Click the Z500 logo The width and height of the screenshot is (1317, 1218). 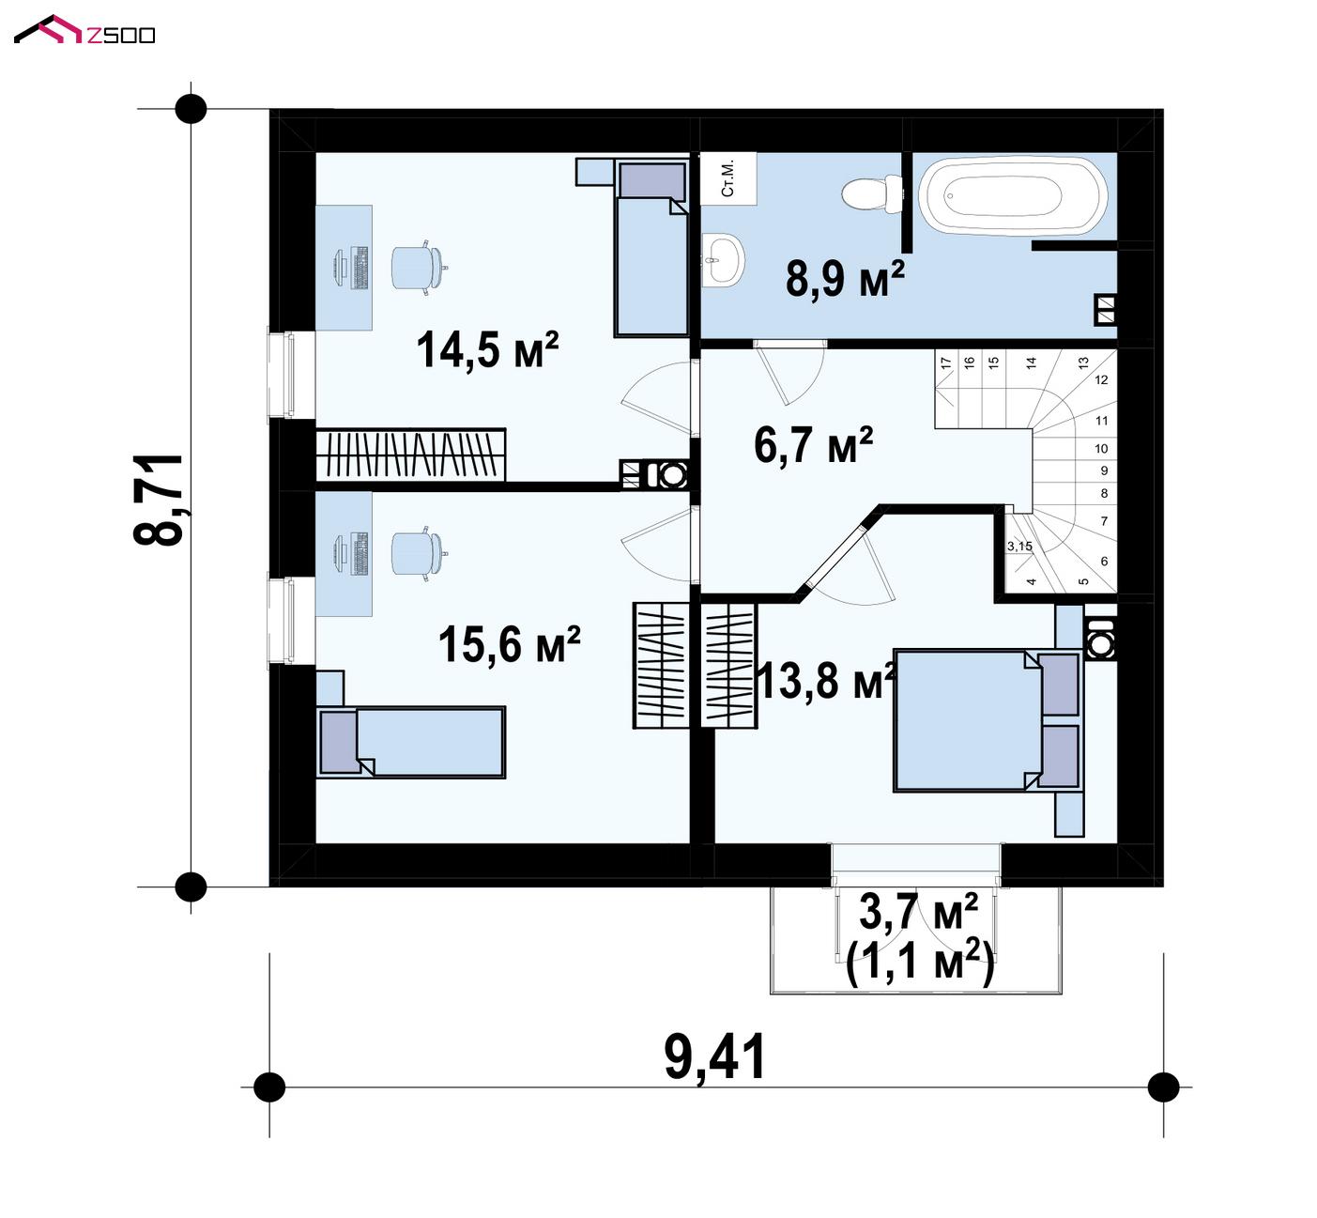[x=84, y=30]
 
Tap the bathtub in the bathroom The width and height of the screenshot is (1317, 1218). [x=1013, y=195]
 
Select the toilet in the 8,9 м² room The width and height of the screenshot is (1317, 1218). [x=872, y=193]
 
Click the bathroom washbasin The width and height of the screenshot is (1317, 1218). [x=723, y=259]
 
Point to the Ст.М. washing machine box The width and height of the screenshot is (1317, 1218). [x=728, y=177]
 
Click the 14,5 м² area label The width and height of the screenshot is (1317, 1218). [x=487, y=349]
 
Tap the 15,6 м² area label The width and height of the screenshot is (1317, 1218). [x=510, y=644]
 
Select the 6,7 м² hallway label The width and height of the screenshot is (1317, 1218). [x=814, y=445]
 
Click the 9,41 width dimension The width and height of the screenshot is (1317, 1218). [x=715, y=1056]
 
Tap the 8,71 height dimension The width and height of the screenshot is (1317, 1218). [x=158, y=500]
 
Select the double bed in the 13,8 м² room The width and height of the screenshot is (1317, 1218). [x=988, y=720]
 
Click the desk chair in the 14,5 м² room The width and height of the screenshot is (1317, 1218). [x=418, y=268]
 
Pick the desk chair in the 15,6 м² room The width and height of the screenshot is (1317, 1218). [x=418, y=553]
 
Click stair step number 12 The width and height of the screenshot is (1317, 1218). [x=1101, y=379]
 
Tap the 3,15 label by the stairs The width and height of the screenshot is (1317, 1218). [x=1020, y=546]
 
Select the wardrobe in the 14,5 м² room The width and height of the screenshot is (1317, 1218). [x=410, y=455]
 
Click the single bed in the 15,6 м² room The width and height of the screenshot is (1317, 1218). [x=412, y=742]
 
